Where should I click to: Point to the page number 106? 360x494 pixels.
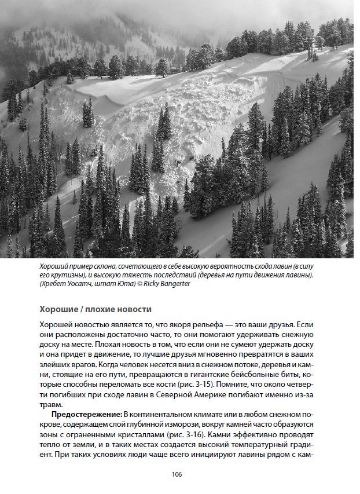177,474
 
